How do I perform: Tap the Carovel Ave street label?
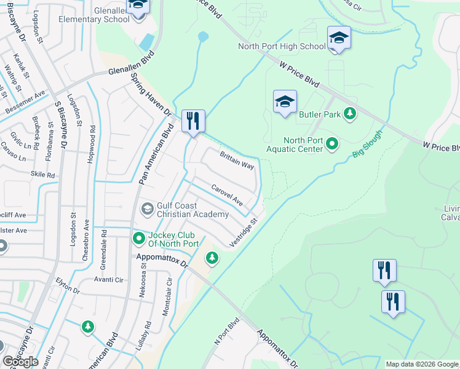tap(227, 195)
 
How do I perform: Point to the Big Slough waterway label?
tap(368, 145)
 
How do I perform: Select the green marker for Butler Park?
tap(349, 113)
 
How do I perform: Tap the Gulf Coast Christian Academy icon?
tap(148, 209)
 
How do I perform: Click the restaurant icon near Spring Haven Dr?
tap(194, 120)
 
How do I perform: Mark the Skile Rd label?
tap(42, 175)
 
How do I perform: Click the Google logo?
tap(20, 362)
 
